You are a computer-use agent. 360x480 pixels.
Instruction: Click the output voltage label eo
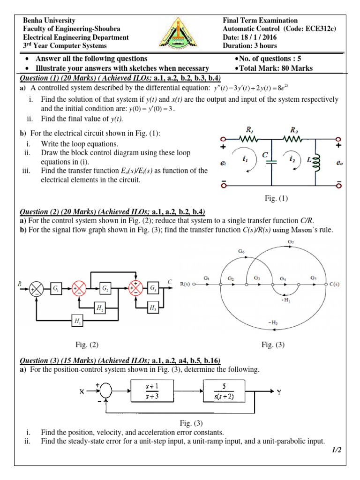[x=339, y=163]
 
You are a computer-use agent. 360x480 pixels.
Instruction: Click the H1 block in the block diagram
[x=77, y=321]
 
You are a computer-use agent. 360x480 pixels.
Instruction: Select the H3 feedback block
[x=153, y=307]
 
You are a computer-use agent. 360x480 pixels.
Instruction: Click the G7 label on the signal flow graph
[x=290, y=242]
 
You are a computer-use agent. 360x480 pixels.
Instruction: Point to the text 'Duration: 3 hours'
[x=250, y=46]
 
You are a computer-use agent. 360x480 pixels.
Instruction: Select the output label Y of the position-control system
[x=279, y=392]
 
